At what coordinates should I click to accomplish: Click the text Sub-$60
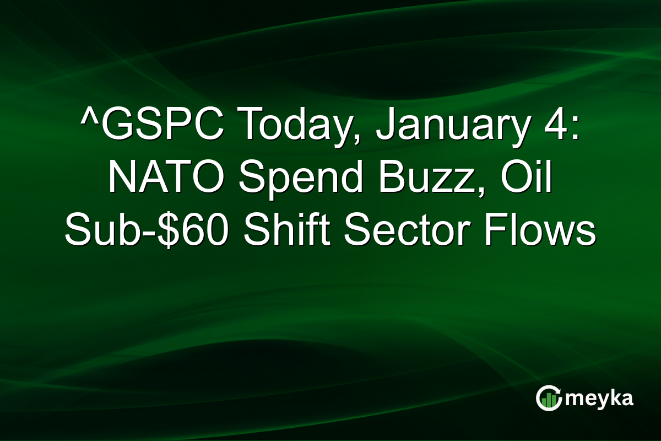click(x=148, y=232)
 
